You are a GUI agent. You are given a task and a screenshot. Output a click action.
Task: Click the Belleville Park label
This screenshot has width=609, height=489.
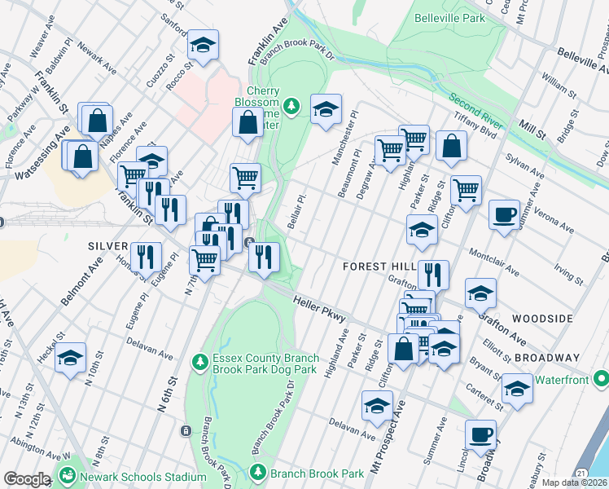pyautogui.click(x=449, y=17)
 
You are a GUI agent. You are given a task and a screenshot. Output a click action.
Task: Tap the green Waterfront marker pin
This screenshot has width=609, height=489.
pyautogui.click(x=601, y=378)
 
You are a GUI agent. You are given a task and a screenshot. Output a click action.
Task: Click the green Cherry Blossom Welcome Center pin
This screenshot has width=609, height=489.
pyautogui.click(x=291, y=105)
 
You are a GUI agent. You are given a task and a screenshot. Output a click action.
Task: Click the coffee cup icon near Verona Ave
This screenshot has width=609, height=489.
pyautogui.click(x=504, y=214)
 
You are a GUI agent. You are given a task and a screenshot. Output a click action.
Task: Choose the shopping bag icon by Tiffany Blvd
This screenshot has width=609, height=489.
pyautogui.click(x=450, y=146)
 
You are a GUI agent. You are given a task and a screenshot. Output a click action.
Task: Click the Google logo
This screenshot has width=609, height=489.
pyautogui.click(x=26, y=479)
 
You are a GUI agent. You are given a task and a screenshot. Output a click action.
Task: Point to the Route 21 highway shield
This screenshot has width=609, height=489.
pyautogui.click(x=581, y=473)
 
